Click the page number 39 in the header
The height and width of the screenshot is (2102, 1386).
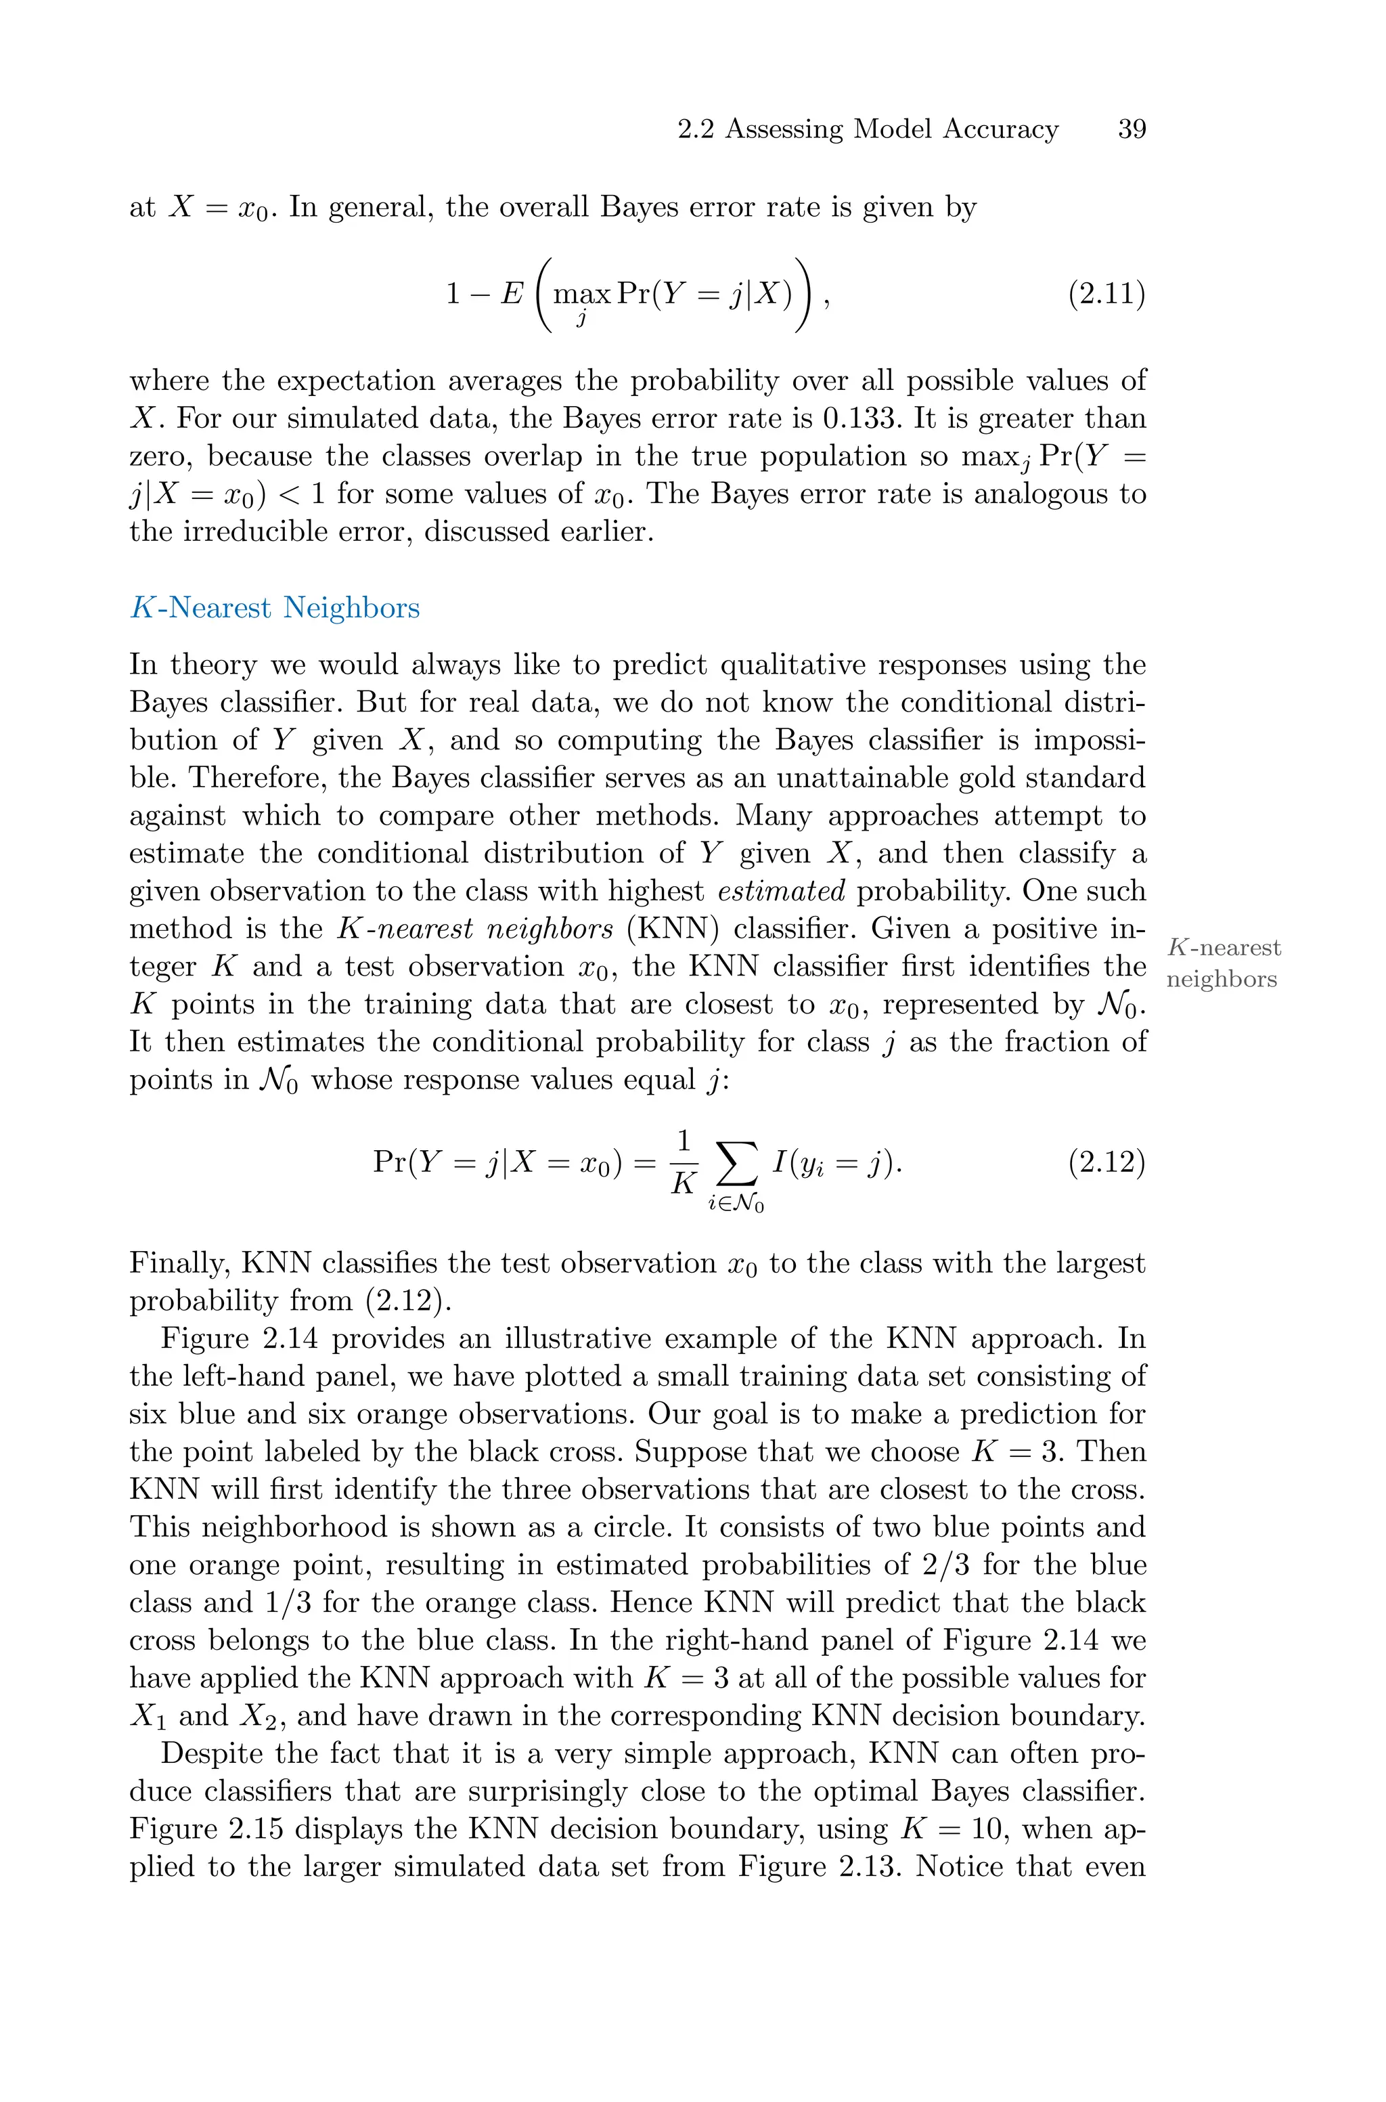point(1132,129)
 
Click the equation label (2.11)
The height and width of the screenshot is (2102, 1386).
point(1106,293)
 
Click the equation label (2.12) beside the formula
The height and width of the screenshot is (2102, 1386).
point(1106,1162)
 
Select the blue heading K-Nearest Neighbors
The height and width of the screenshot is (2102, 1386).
point(274,608)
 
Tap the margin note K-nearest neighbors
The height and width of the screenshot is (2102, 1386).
point(1224,963)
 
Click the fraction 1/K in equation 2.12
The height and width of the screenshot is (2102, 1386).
point(682,1163)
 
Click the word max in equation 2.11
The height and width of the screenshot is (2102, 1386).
point(581,294)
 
